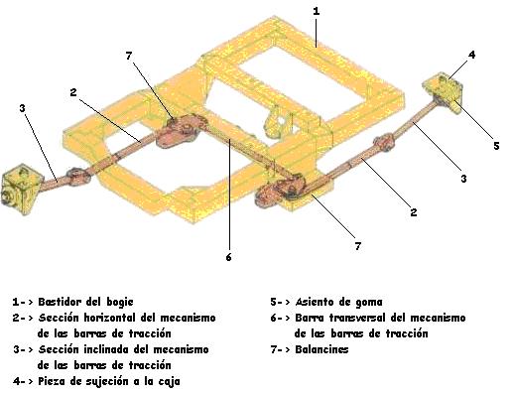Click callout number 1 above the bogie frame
pos(317,11)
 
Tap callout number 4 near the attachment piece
pos(472,55)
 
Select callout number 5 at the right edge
pos(496,146)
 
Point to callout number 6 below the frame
pos(228,257)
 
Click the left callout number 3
pos(22,108)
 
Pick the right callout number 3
pos(463,179)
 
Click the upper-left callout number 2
pos(73,92)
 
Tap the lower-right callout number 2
pos(414,212)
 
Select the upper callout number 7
pos(129,56)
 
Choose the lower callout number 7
pos(357,246)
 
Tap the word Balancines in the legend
pos(321,349)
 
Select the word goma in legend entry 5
pos(369,302)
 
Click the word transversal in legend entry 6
pos(357,318)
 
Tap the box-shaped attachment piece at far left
pos(21,189)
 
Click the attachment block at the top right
pos(443,92)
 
